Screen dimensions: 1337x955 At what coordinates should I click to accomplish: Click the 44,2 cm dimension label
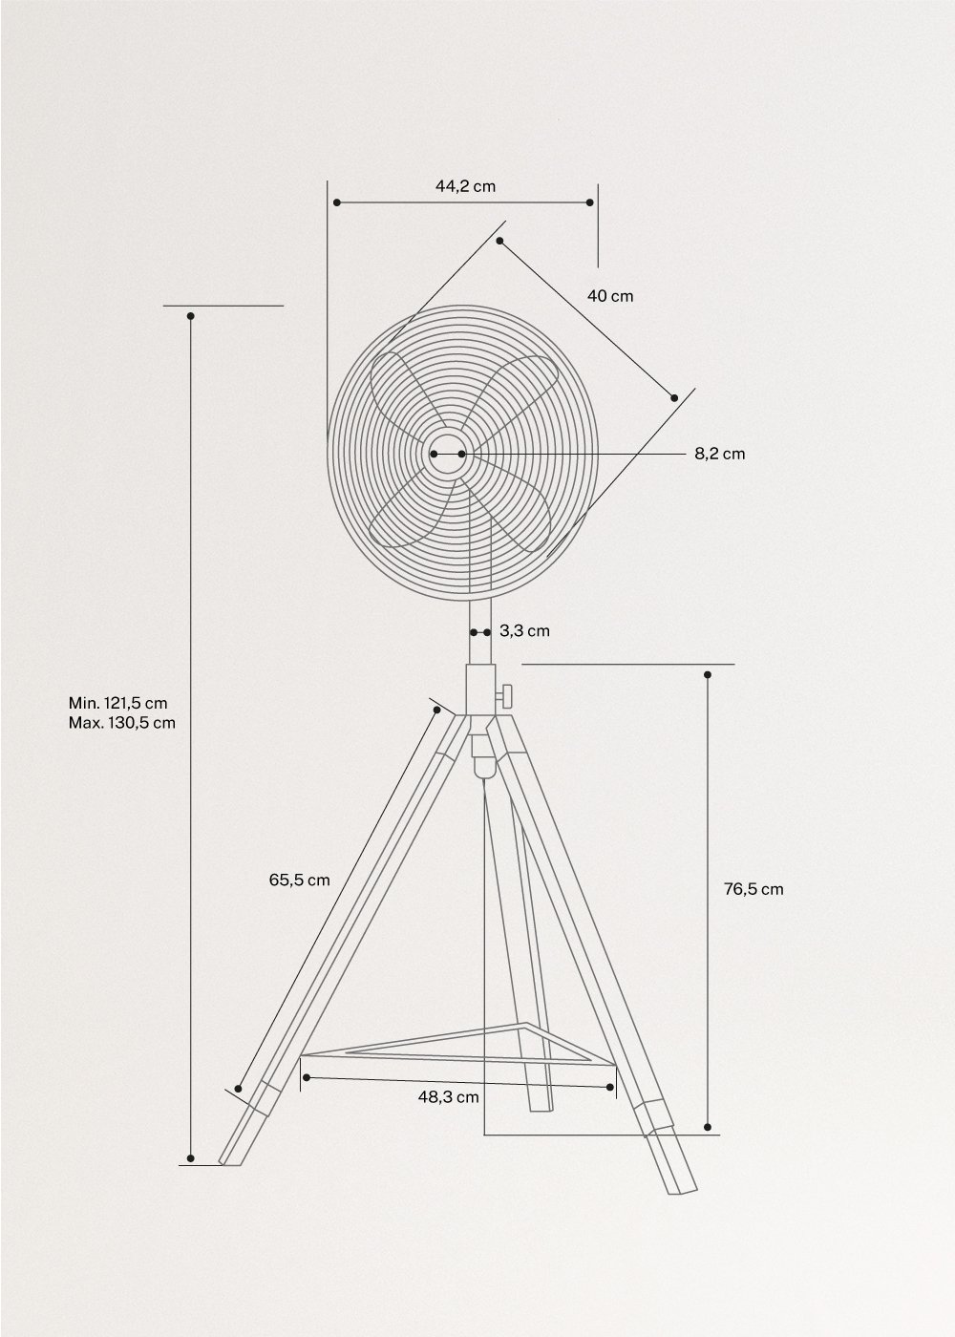465,186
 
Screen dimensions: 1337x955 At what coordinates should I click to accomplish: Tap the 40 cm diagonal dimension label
609,296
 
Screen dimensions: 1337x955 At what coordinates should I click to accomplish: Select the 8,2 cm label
719,454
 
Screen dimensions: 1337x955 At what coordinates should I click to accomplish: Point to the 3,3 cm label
524,631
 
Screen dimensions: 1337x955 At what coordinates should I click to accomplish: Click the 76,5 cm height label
753,889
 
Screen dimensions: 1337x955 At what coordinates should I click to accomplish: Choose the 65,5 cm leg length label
299,880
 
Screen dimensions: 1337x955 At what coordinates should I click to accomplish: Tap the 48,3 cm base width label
448,1097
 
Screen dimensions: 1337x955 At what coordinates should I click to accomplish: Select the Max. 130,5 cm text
121,722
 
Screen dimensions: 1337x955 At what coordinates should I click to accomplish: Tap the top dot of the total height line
191,316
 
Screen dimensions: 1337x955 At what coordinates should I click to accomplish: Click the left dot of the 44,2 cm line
336,202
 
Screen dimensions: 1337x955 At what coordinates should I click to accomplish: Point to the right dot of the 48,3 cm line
610,1086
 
